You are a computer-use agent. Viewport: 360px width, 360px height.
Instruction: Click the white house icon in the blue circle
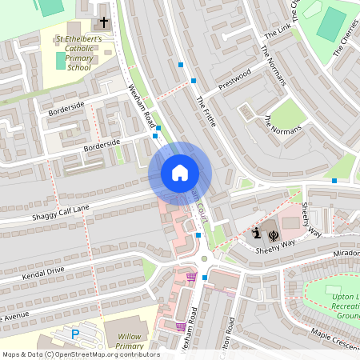pos(180,173)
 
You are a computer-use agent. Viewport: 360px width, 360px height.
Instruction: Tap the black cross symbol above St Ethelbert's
pos(104,25)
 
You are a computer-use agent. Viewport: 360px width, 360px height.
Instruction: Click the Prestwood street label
pos(234,79)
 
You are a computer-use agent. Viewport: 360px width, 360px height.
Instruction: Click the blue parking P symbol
pos(76,333)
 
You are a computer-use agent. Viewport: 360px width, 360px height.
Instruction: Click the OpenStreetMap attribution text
pos(80,354)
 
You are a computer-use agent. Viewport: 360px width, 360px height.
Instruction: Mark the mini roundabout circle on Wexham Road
pos(204,258)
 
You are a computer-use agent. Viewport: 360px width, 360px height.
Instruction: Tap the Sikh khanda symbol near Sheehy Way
pos(273,234)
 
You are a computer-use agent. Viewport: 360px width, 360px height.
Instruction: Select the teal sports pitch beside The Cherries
pos(331,25)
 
